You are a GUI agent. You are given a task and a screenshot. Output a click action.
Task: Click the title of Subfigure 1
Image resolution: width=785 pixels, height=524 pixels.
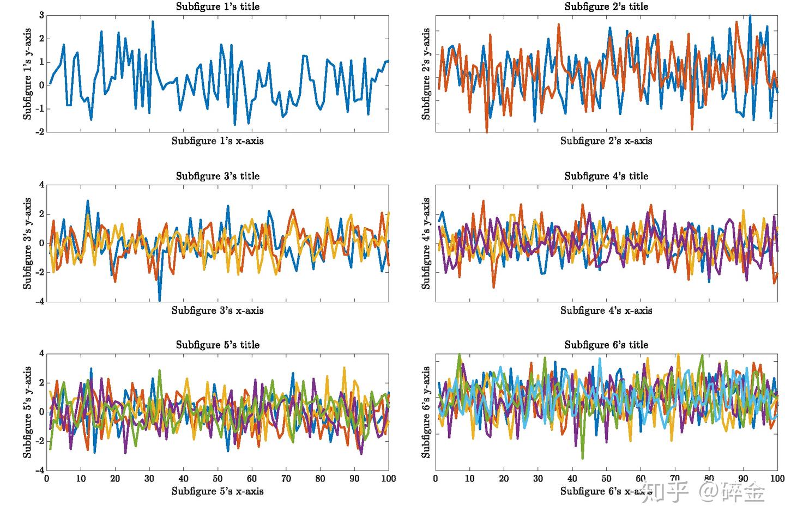pos(218,7)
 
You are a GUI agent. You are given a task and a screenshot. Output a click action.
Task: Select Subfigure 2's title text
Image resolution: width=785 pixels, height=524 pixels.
pos(606,7)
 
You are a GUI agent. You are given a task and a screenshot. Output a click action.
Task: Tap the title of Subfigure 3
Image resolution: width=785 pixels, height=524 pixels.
pos(218,176)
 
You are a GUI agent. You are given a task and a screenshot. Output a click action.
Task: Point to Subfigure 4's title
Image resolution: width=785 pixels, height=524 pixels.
pos(606,176)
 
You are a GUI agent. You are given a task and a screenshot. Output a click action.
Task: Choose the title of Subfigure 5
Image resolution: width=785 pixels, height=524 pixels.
pos(218,345)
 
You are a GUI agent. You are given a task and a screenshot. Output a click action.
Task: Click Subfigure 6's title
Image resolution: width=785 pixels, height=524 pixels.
pos(606,345)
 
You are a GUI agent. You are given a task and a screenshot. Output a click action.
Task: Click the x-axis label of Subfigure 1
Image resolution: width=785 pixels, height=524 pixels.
pos(218,141)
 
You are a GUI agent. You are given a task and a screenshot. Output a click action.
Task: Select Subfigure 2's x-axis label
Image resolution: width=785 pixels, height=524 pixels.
pos(606,141)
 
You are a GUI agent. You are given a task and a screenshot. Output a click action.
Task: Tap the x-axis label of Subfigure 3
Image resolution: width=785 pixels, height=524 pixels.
pos(218,310)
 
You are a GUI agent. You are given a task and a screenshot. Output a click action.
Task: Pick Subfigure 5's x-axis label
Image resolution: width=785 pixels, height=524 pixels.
pos(218,491)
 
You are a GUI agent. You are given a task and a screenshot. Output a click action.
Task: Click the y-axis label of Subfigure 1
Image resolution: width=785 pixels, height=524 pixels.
pos(27,74)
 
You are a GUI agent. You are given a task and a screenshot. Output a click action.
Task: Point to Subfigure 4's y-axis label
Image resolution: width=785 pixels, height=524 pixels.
pos(426,243)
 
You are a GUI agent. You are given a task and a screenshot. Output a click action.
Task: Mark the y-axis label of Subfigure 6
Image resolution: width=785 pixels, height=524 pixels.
pos(426,412)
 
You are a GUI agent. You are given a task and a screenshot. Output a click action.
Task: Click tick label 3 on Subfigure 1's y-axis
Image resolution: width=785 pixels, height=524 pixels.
pos(41,15)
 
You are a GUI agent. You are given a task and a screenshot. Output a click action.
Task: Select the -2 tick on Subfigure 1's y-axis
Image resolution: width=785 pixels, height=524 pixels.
pos(40,132)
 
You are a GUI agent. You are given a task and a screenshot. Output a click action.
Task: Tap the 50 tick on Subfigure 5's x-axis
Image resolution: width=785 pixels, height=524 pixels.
pos(218,479)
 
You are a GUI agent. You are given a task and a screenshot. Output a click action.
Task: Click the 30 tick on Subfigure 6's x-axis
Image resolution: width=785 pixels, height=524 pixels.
pos(538,479)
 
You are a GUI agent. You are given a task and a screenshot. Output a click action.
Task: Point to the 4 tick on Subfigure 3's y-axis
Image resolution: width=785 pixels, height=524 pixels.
pos(41,185)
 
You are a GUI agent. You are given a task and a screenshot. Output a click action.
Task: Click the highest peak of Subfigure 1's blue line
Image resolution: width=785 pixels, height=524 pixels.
pos(153,21)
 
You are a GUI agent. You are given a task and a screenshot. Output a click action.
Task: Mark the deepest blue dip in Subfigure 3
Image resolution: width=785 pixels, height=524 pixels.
pos(160,300)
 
